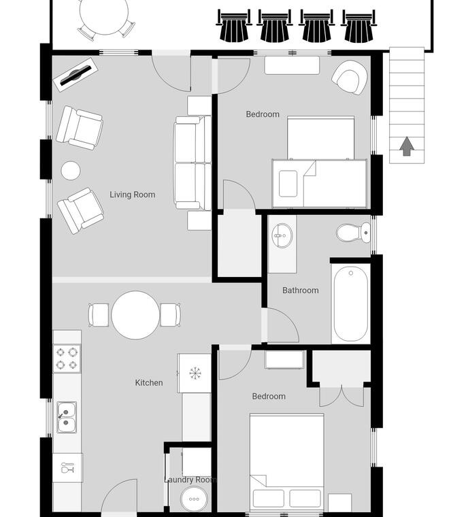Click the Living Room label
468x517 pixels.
pos(132,195)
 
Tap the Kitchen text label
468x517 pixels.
pos(149,382)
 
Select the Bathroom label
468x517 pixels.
pos(301,290)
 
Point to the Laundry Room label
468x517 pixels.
pos(190,480)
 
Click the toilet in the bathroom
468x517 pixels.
pos(354,233)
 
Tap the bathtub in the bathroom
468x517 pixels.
pos(350,304)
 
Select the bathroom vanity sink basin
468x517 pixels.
pos(282,235)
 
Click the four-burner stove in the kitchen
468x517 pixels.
pos(67,358)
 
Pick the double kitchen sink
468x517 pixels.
pos(66,417)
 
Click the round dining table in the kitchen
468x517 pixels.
pos(135,315)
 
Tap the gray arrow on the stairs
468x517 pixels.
pos(407,146)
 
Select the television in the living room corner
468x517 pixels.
pos(76,76)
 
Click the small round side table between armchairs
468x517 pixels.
pos(71,171)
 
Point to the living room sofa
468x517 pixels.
pos(193,163)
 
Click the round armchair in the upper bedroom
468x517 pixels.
pos(350,77)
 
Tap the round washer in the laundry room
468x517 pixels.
pos(194,499)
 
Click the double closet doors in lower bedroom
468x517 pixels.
pos(341,397)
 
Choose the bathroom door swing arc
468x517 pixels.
pos(286,320)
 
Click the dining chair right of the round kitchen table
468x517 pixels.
pos(170,315)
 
